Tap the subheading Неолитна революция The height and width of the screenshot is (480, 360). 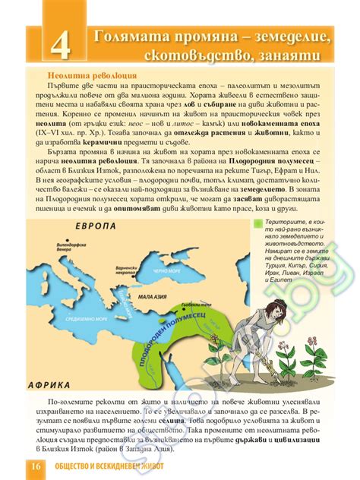tap(92, 76)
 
